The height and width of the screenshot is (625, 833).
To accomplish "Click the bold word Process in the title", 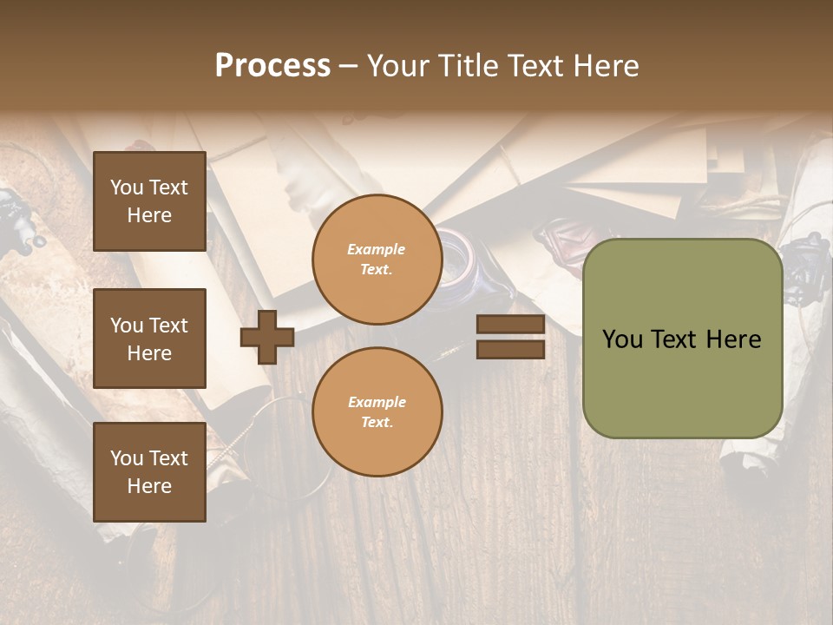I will coord(272,66).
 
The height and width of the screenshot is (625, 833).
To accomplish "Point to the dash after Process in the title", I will coord(349,67).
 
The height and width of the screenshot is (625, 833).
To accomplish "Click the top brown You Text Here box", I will coord(149,201).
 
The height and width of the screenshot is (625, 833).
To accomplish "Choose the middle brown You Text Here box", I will coord(149,339).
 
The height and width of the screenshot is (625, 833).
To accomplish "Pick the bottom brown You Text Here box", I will coord(149,472).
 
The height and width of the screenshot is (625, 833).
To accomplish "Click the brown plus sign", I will coord(267,337).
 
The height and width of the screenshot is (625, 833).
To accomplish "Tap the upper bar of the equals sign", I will coord(510,325).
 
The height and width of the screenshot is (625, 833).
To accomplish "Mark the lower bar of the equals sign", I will coord(510,349).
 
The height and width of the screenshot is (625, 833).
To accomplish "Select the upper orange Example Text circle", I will coord(377,259).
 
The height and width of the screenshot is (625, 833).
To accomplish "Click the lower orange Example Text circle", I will coord(377,411).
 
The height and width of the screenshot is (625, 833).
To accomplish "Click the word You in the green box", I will coord(621,339).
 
